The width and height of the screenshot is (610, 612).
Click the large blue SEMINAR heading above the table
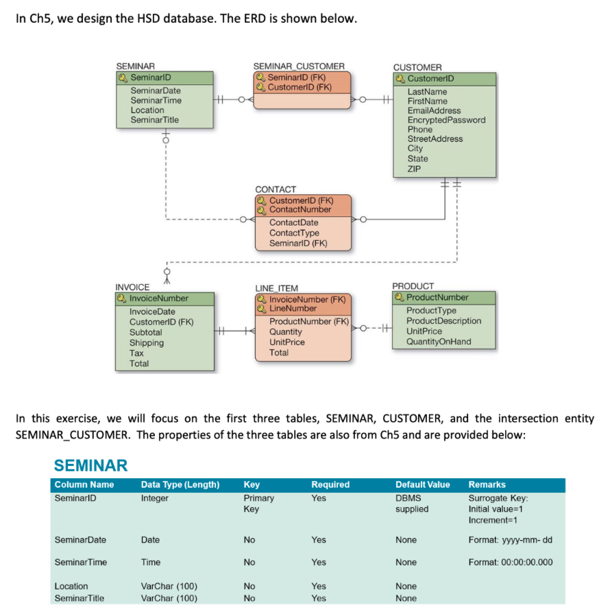pyautogui.click(x=90, y=466)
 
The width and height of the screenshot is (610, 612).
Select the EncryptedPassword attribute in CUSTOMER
pyautogui.click(x=446, y=120)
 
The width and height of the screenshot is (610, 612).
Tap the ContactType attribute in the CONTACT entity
pyautogui.click(x=294, y=233)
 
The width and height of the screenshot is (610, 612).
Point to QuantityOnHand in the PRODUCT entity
pyautogui.click(x=439, y=342)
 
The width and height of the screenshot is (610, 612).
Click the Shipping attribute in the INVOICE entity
pyautogui.click(x=147, y=343)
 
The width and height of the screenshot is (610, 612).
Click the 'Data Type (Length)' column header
pyautogui.click(x=180, y=485)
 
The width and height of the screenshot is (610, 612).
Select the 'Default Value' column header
pyautogui.click(x=422, y=485)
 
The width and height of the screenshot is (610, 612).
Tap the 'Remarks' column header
pyautogui.click(x=487, y=485)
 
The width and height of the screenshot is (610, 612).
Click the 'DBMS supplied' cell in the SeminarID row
pyautogui.click(x=412, y=504)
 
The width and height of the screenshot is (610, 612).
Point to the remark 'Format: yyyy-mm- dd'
pyautogui.click(x=510, y=540)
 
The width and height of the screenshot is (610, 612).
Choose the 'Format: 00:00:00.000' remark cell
pyautogui.click(x=511, y=563)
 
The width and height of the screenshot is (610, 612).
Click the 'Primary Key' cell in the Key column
pyautogui.click(x=258, y=504)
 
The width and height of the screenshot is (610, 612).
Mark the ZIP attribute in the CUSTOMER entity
pyautogui.click(x=415, y=169)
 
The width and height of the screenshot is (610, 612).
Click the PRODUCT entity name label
pyautogui.click(x=413, y=286)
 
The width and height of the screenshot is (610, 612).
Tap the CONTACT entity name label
pyautogui.click(x=276, y=189)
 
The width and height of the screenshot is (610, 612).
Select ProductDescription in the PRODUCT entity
pyautogui.click(x=443, y=321)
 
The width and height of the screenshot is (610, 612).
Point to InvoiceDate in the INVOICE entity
pyautogui.click(x=152, y=311)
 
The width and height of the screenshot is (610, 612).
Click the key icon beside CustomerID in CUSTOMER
pyautogui.click(x=400, y=78)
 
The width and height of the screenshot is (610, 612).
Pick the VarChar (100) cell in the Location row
pyautogui.click(x=169, y=587)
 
